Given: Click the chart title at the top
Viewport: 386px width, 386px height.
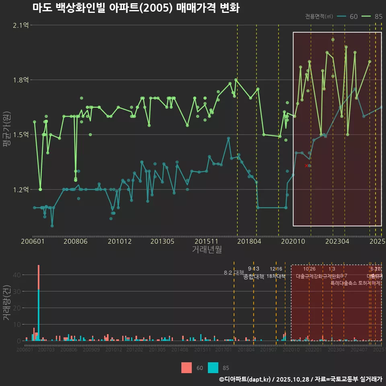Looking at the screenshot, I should tap(136, 8).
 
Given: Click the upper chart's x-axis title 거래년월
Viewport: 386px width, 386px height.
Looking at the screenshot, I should tap(207, 250).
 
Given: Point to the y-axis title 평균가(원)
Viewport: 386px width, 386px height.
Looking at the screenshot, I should tap(6, 131).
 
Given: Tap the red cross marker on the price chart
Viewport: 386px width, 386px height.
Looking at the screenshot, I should tap(306, 165).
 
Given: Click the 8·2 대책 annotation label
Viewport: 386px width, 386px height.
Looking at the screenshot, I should tap(234, 273).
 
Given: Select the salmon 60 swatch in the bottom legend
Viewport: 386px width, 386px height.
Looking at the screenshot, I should tap(187, 368).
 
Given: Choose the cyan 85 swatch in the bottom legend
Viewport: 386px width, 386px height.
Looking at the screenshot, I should tap(213, 368).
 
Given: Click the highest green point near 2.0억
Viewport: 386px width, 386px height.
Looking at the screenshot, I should tap(333, 39).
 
